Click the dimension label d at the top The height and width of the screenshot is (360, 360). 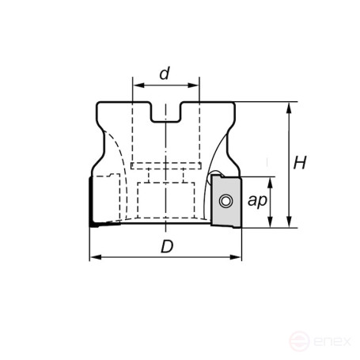(x=165, y=74)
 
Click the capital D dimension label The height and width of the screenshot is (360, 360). (x=166, y=246)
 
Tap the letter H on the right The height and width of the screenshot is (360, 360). (x=300, y=163)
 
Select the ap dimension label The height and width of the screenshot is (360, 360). (x=256, y=201)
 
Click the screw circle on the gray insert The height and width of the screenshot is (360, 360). (x=226, y=200)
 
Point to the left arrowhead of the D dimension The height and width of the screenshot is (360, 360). (x=93, y=257)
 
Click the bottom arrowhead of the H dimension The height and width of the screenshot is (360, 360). (x=290, y=223)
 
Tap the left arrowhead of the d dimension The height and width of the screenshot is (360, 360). (x=136, y=85)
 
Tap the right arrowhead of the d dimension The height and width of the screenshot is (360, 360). (x=195, y=85)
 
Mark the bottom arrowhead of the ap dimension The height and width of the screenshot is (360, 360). (x=271, y=223)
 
